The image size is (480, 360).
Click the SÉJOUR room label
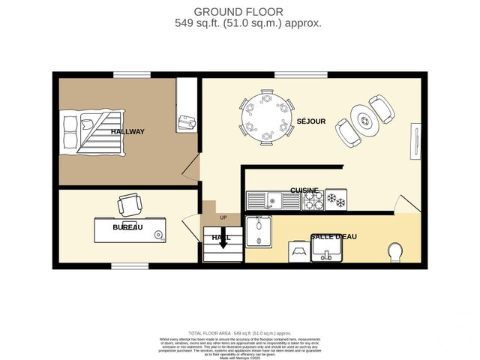point(311,121)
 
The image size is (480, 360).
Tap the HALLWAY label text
point(127,132)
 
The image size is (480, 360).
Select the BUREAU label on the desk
point(127,227)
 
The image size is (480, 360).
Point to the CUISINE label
point(304,190)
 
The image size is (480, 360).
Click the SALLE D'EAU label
point(333,237)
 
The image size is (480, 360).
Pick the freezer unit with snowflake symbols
point(335,200)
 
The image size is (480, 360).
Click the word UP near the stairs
point(223,218)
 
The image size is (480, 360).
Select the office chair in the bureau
point(129,203)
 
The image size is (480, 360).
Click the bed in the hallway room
point(91,131)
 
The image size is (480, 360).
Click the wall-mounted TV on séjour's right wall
point(414,142)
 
